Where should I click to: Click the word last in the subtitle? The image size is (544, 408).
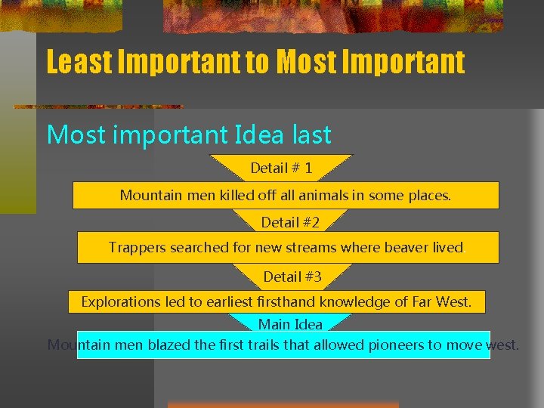point(309,134)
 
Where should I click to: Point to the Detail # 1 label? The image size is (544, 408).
point(281,168)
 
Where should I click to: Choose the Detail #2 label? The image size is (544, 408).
point(290,222)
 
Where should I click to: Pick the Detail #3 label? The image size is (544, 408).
point(292,277)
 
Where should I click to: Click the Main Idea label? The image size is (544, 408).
point(290,324)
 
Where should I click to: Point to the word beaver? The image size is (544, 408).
point(406,247)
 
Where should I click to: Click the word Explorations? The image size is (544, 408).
point(121,301)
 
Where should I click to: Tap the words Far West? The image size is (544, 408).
point(441,301)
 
